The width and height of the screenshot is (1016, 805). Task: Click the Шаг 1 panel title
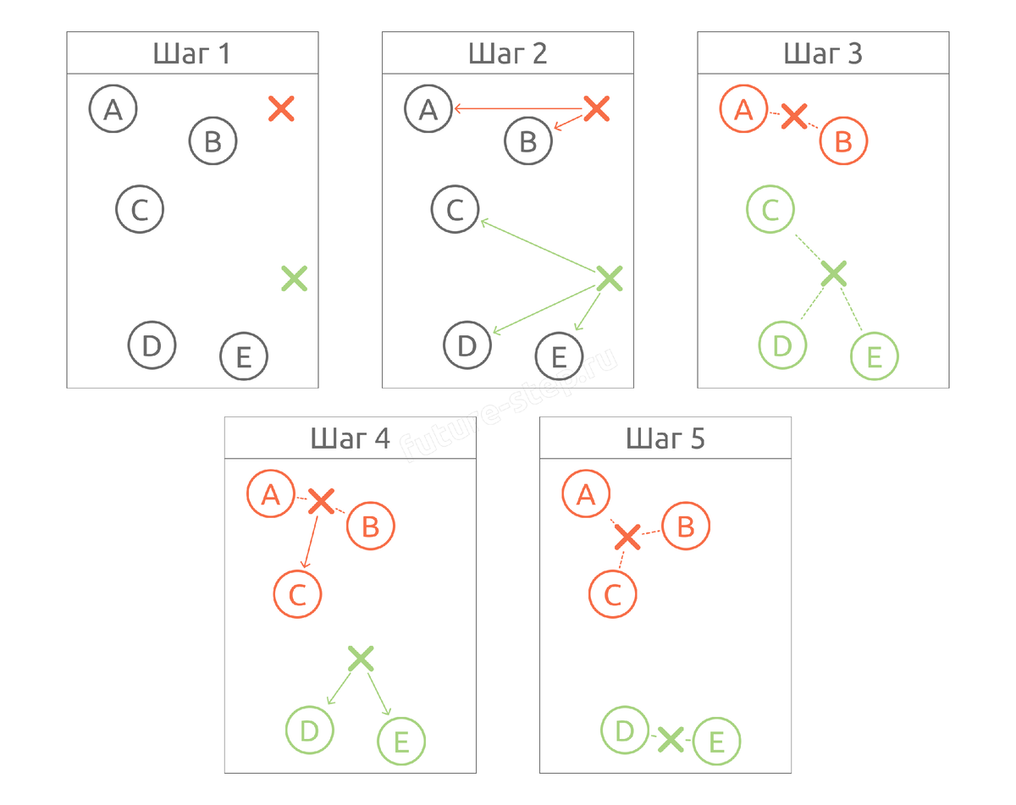(192, 54)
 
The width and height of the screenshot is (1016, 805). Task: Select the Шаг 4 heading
(350, 438)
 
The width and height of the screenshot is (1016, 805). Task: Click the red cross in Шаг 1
(281, 108)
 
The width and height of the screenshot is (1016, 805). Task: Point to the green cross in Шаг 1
(294, 278)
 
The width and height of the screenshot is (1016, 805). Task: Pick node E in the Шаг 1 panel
(244, 356)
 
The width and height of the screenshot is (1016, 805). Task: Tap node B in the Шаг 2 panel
(528, 141)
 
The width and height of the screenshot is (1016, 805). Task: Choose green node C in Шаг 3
(770, 209)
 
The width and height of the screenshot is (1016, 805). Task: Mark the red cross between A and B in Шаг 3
(793, 117)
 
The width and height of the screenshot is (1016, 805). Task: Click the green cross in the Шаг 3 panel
(834, 273)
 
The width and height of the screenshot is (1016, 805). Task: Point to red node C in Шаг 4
(297, 594)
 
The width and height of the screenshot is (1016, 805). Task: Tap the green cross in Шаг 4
(361, 658)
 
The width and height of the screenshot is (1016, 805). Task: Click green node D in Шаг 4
(310, 730)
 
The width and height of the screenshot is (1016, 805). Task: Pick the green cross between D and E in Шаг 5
(671, 739)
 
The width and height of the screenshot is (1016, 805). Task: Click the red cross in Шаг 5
(627, 537)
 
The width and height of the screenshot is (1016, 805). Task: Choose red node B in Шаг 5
(686, 526)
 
